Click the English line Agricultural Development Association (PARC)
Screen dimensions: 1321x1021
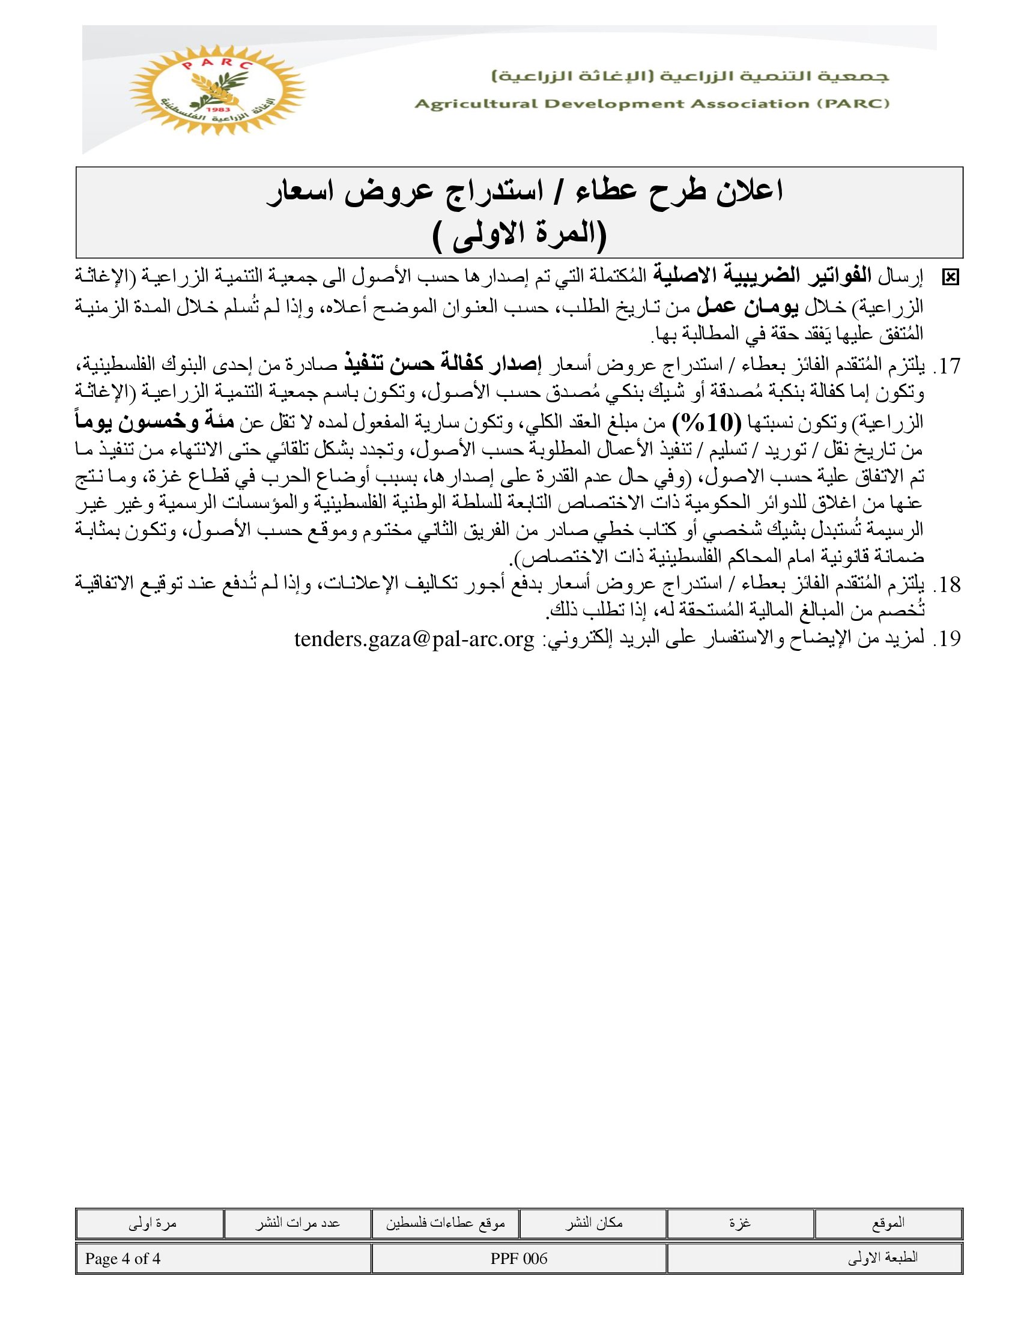click(x=652, y=104)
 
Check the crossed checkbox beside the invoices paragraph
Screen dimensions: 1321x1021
click(x=950, y=277)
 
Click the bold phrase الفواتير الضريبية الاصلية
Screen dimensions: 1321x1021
click(x=762, y=276)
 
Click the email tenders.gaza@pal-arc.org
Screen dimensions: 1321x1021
click(x=414, y=639)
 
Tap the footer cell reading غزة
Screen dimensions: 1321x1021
click(x=740, y=1223)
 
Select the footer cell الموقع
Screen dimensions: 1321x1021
click(x=888, y=1223)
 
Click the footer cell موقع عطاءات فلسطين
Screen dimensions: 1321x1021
click(x=445, y=1223)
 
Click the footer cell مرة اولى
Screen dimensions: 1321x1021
click(x=152, y=1223)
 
